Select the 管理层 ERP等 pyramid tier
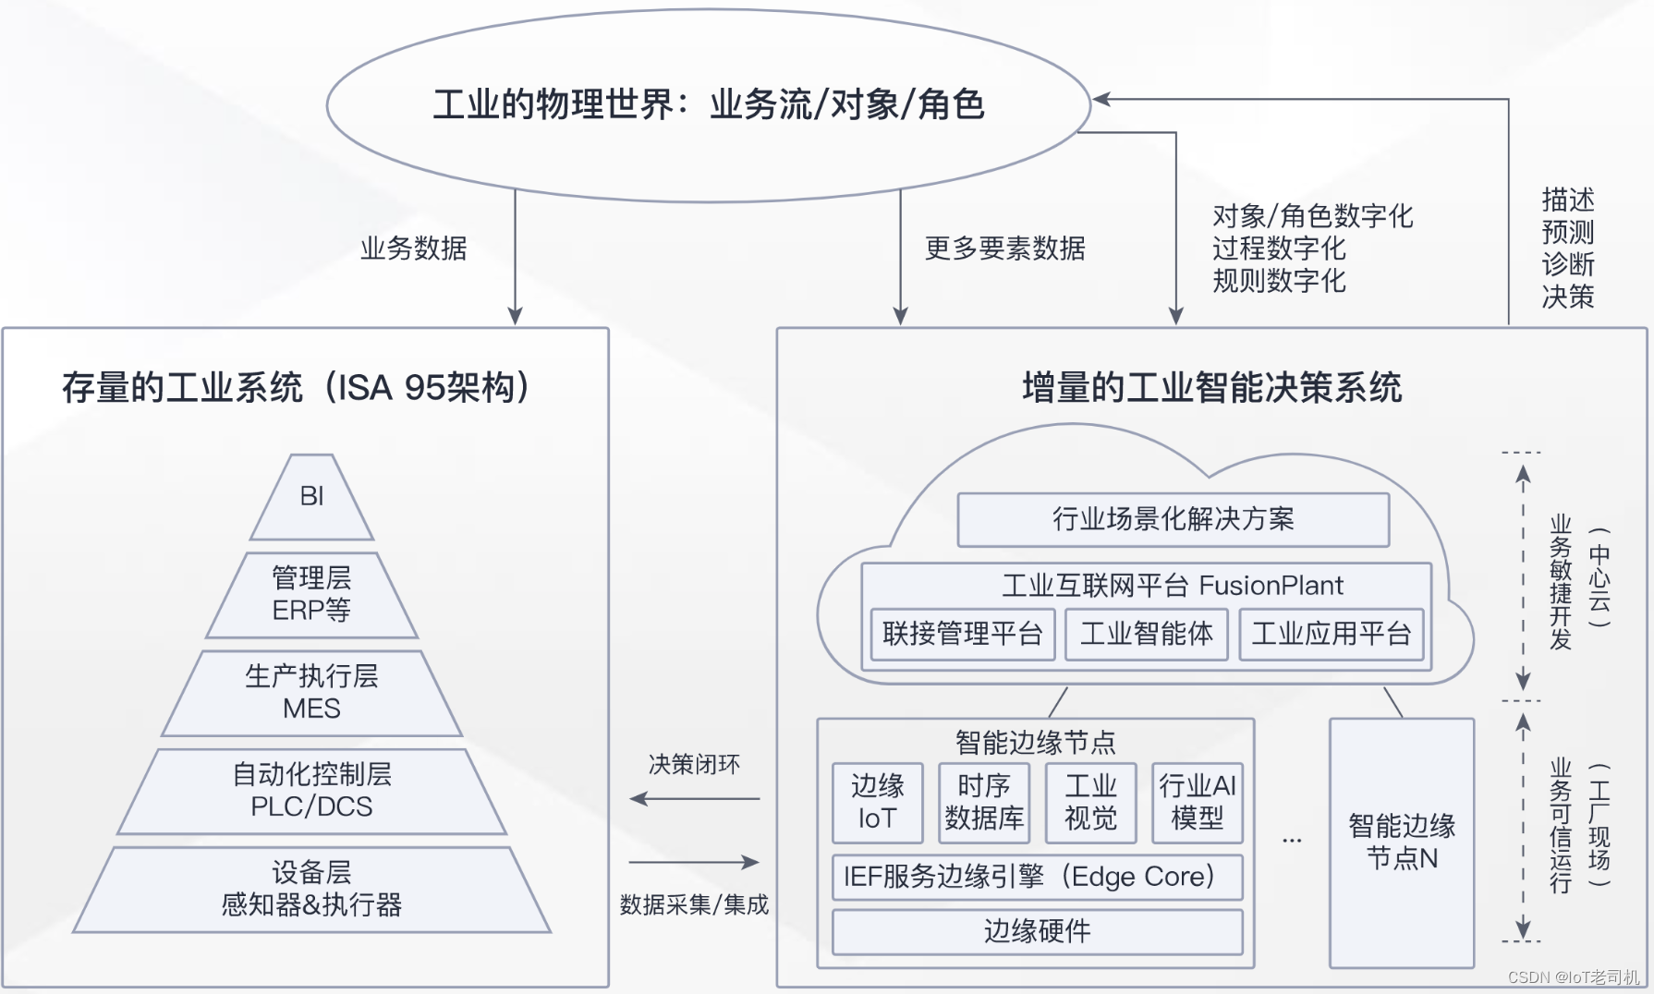(x=312, y=595)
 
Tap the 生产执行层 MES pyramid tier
(x=312, y=693)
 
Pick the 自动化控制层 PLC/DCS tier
(x=312, y=791)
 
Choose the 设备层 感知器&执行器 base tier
(x=312, y=889)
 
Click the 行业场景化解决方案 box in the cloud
(x=1173, y=519)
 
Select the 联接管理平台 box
(x=962, y=634)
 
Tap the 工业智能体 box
(x=1146, y=634)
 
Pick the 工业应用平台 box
(x=1331, y=634)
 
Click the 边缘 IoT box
(x=877, y=802)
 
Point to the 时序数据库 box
(x=984, y=802)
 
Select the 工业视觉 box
(x=1090, y=802)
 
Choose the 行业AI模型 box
(x=1197, y=802)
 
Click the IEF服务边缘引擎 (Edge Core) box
(x=1037, y=877)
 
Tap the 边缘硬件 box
(x=1037, y=931)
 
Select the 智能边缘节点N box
(x=1401, y=842)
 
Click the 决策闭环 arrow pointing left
(x=694, y=798)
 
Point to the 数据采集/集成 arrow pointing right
(x=694, y=862)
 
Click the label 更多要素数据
(x=1004, y=248)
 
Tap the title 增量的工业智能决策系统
(x=1211, y=388)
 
